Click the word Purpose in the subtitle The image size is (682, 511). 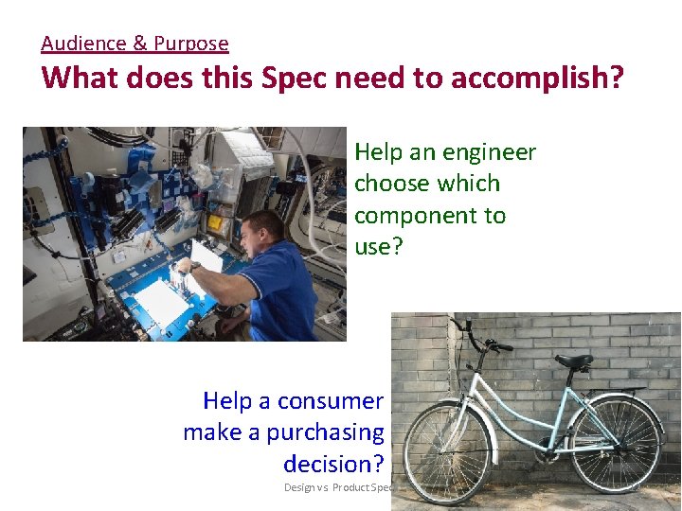(191, 44)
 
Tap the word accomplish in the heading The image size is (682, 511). (535, 78)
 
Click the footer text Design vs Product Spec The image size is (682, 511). (339, 488)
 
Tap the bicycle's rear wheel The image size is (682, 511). (616, 443)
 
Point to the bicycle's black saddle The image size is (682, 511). (574, 361)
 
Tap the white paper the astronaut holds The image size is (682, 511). (206, 255)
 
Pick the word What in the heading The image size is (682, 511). (81, 78)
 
